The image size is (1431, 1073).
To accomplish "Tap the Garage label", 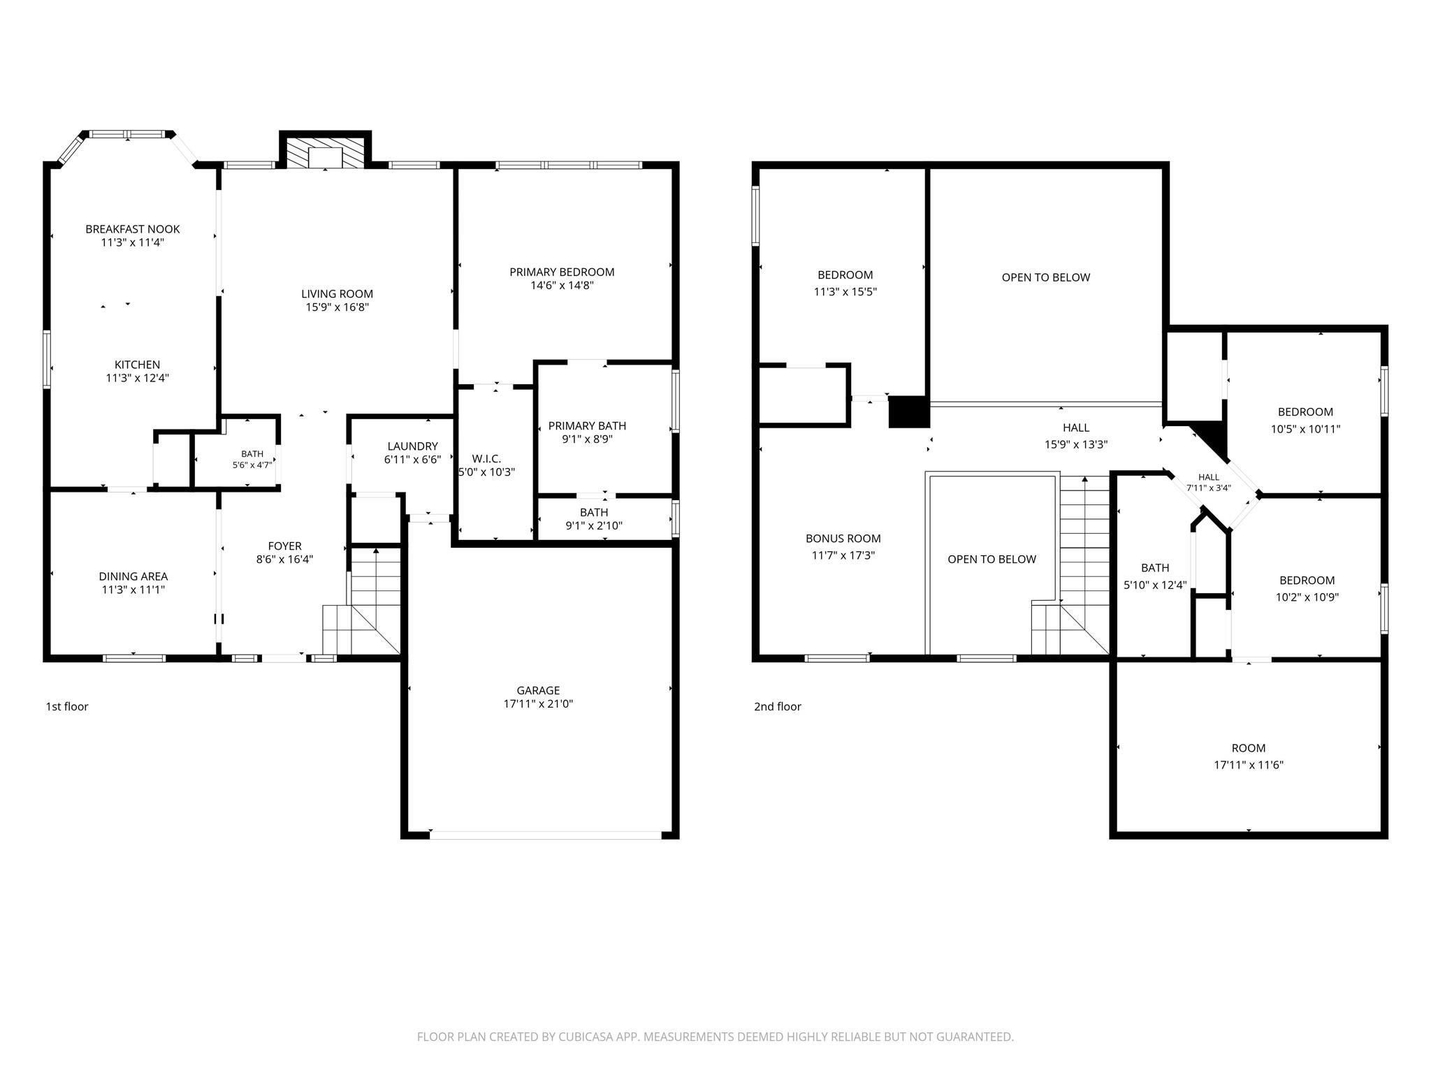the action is point(538,690).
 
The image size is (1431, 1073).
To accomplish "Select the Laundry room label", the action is point(412,446).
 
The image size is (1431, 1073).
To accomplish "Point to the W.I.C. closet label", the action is point(486,459).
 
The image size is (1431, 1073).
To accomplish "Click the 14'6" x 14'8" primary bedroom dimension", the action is point(562,285).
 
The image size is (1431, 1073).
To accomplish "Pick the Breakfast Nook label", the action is point(133,229).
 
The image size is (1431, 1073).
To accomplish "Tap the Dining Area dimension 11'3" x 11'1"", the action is point(133,590).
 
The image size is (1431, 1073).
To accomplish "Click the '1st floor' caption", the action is point(67,706).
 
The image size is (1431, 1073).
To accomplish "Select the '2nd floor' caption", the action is point(778,706).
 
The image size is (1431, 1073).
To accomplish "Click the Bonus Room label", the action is point(843,539).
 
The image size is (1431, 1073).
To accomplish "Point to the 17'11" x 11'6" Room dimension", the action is point(1249,765).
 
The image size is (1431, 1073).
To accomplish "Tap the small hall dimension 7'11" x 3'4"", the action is point(1209,488).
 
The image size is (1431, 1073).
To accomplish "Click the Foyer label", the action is point(285,546).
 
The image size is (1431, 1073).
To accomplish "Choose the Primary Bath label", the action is point(587,426).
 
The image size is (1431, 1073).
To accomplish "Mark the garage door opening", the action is point(546,834).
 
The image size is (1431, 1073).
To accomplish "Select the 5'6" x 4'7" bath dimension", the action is point(252,465).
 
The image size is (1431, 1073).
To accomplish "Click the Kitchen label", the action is point(138,365).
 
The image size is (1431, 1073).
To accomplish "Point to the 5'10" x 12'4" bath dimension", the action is point(1155,585).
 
